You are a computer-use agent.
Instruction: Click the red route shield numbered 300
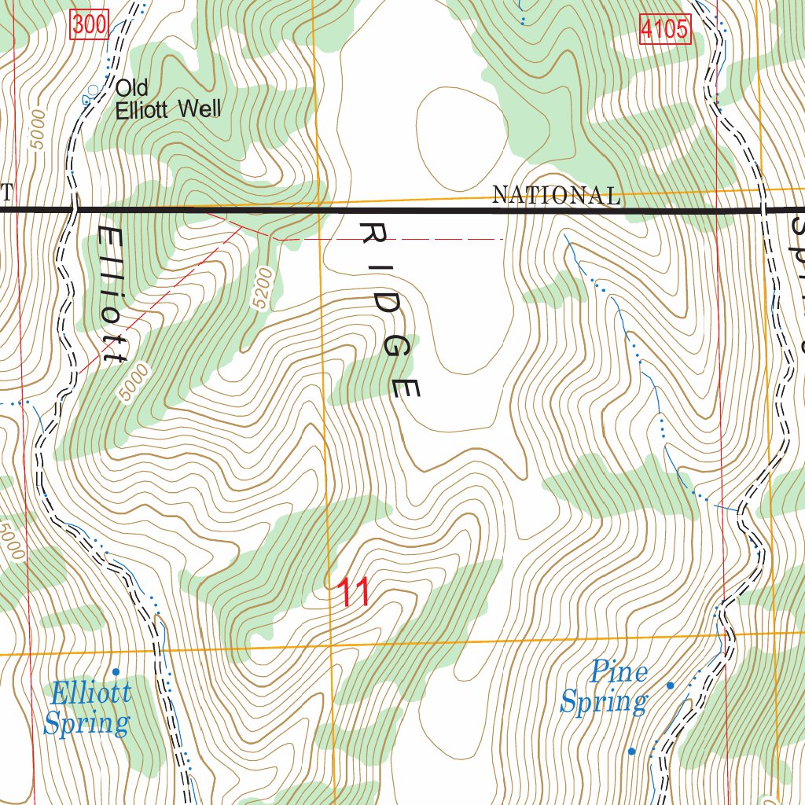pyautogui.click(x=88, y=25)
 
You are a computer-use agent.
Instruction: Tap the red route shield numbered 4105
pyautogui.click(x=664, y=30)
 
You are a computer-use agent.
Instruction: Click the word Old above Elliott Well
pyautogui.click(x=131, y=87)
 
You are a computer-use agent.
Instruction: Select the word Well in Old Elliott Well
pyautogui.click(x=199, y=109)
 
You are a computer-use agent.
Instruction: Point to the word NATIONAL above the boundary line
pyautogui.click(x=555, y=195)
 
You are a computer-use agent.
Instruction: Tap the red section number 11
pyautogui.click(x=353, y=593)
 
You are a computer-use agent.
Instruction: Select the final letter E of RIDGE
pyautogui.click(x=406, y=388)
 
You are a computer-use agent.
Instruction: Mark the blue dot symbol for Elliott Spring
pyautogui.click(x=116, y=671)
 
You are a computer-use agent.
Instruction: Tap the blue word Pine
pyautogui.click(x=619, y=672)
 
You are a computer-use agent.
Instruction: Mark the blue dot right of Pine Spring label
pyautogui.click(x=670, y=686)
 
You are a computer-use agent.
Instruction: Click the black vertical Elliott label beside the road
pyautogui.click(x=112, y=295)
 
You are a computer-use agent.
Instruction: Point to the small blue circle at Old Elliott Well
pyautogui.click(x=94, y=90)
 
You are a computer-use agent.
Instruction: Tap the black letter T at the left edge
pyautogui.click(x=6, y=193)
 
